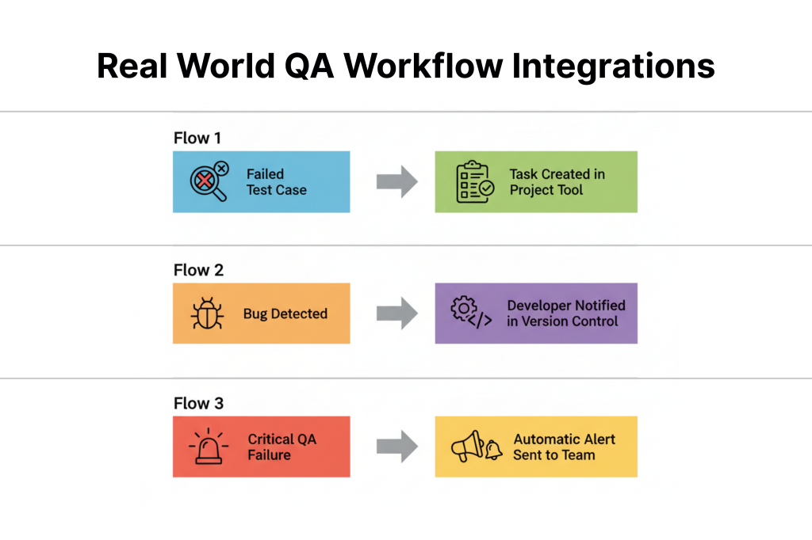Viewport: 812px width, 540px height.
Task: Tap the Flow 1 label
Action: [197, 139]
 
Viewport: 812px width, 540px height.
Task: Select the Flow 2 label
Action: [198, 271]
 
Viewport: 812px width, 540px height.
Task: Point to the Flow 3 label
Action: [198, 404]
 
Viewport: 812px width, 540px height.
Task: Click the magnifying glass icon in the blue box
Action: [208, 181]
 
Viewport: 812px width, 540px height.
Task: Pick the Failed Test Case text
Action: [275, 182]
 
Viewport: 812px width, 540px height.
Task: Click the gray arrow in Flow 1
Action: [396, 182]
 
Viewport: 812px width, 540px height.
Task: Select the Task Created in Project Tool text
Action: [557, 182]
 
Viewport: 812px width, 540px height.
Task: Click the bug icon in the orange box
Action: [208, 314]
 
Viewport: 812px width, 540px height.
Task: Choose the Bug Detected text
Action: [285, 314]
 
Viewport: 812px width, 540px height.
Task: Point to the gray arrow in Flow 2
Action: [396, 314]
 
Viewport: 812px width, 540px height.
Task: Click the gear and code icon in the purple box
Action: [471, 313]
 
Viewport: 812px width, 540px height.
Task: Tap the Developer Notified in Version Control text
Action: [566, 314]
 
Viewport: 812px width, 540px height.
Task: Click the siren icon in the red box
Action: [208, 447]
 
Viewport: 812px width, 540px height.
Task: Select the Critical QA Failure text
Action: [282, 447]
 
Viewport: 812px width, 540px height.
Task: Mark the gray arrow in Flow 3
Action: [396, 447]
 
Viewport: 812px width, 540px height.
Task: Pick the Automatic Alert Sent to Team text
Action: [564, 447]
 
